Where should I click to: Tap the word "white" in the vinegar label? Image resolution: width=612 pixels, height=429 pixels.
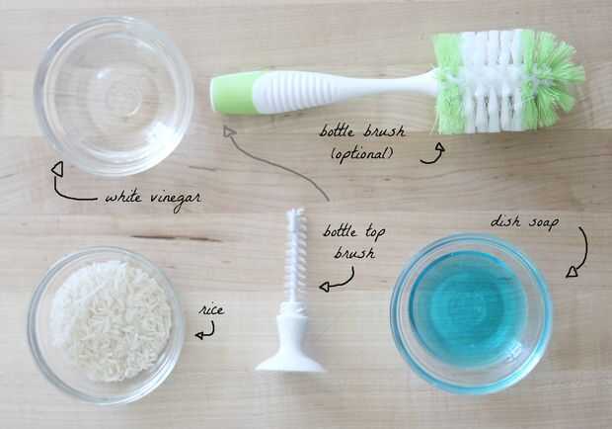tap(123, 197)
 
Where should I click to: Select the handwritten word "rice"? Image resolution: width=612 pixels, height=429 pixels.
tap(211, 310)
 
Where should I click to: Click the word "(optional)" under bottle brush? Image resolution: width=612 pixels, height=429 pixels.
tap(362, 154)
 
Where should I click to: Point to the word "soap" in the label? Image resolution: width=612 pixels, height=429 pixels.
tap(544, 223)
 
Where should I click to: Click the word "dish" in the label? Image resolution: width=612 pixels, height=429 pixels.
tap(505, 221)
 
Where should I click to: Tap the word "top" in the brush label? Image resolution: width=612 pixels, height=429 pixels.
tap(375, 232)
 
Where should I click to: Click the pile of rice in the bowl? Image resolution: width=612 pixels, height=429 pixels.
tap(112, 320)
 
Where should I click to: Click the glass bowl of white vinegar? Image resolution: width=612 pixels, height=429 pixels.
tap(114, 95)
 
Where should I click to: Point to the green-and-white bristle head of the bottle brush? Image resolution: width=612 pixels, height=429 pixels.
tap(507, 81)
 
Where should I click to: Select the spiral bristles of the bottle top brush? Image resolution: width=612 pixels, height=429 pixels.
tap(295, 254)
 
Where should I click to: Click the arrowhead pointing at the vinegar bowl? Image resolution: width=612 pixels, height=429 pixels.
tap(57, 169)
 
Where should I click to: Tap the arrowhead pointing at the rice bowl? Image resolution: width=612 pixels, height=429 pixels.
tap(199, 335)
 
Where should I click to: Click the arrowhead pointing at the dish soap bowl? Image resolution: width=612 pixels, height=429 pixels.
tap(573, 272)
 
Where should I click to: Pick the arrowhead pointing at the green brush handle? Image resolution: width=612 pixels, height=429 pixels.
tap(229, 131)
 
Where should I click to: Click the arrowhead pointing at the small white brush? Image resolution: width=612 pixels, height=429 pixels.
tap(325, 287)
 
